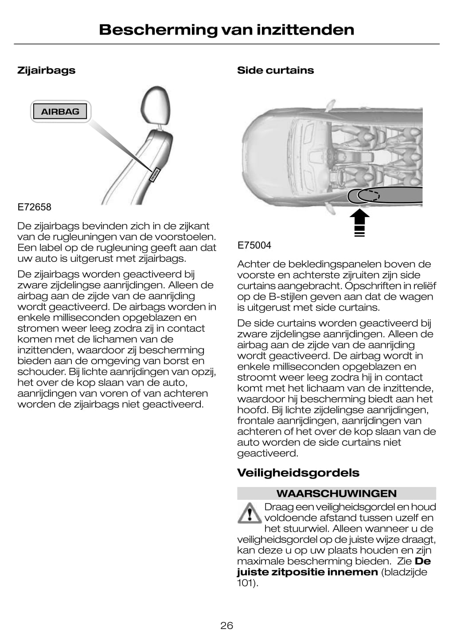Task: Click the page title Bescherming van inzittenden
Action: (226, 30)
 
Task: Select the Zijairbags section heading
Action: (46, 70)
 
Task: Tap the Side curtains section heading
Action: (275, 70)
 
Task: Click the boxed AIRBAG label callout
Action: (60, 112)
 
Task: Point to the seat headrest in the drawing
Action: (155, 106)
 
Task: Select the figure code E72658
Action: (34, 207)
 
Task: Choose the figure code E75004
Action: (254, 245)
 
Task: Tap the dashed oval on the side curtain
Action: (369, 195)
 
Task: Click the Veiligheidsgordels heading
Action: (298, 473)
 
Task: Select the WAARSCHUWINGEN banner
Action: (336, 494)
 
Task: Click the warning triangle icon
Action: (249, 513)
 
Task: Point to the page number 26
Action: (226, 626)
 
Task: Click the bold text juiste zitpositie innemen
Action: (307, 572)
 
